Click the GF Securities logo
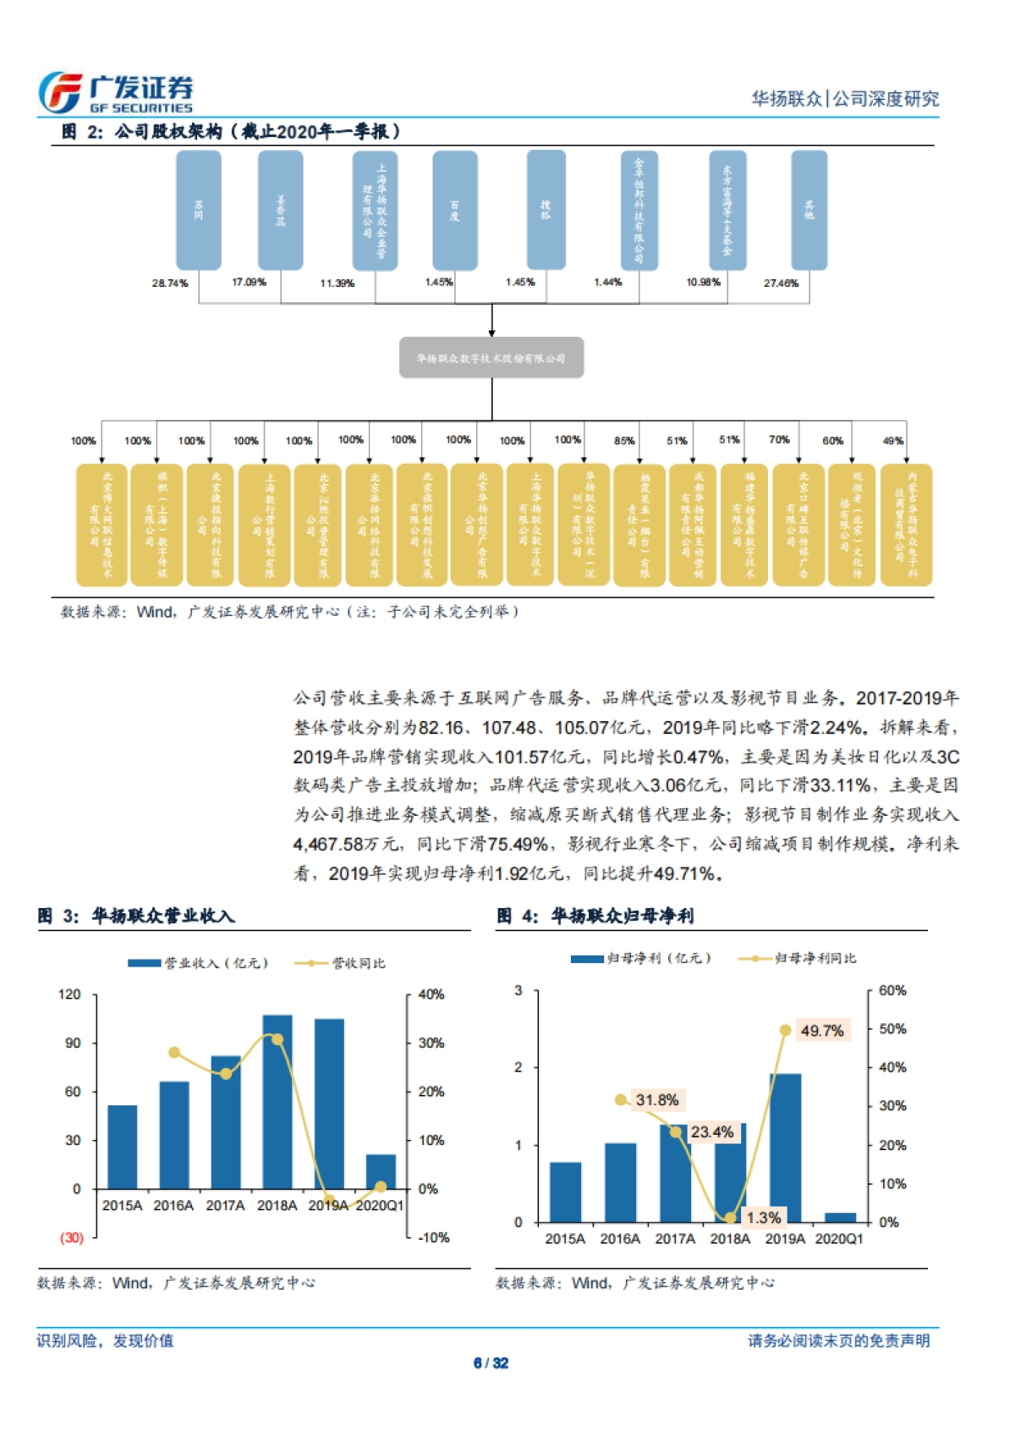point(116,92)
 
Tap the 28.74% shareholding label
point(170,283)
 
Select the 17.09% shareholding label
point(249,282)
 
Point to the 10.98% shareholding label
point(703,282)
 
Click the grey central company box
point(491,358)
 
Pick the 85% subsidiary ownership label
point(624,441)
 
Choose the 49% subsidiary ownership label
point(892,441)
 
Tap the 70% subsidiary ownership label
point(779,440)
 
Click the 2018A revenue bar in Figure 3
point(277,1100)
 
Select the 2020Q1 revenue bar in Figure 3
point(381,1171)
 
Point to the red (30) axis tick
point(72,1237)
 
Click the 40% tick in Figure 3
point(431,994)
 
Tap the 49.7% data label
point(821,1031)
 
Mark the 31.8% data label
point(657,1100)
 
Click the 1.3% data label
point(763,1218)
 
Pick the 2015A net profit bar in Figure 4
point(565,1192)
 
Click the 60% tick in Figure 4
point(892,990)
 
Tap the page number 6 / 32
point(491,1363)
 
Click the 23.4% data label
point(711,1132)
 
